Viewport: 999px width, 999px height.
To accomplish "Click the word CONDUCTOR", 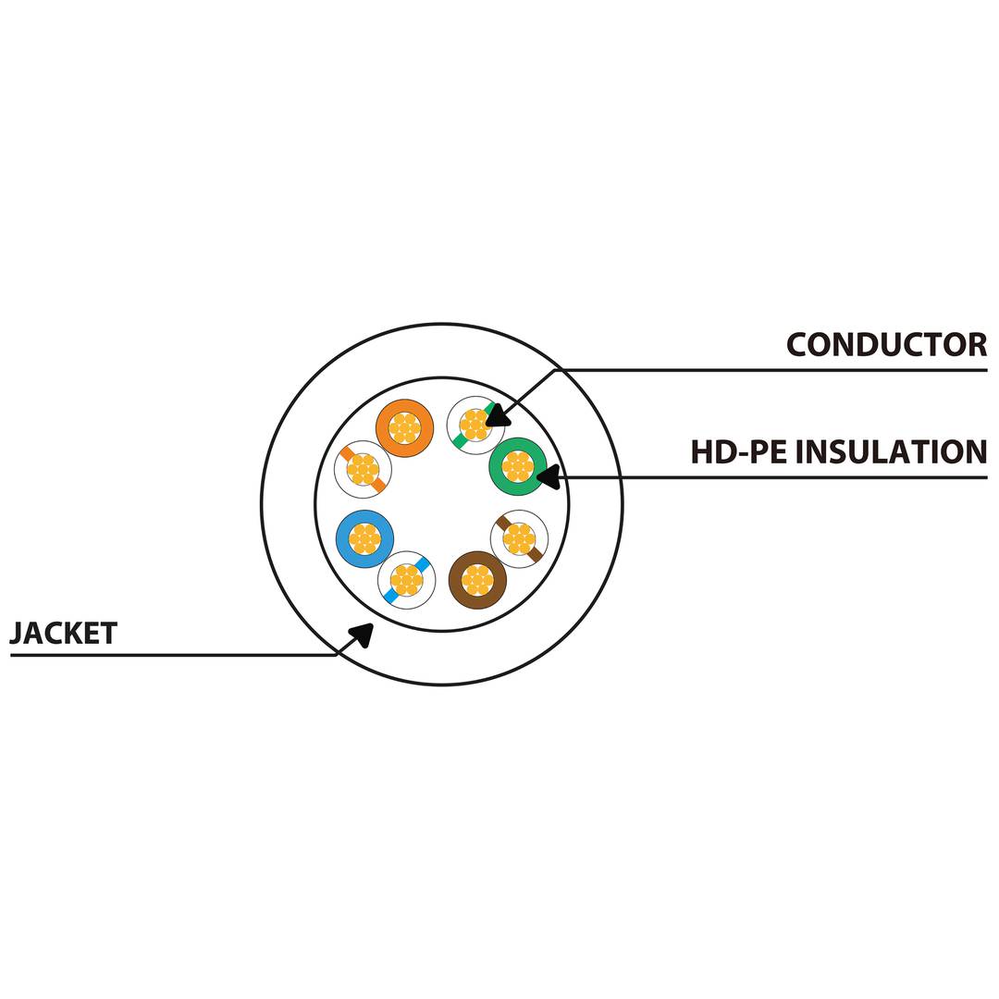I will coord(886,345).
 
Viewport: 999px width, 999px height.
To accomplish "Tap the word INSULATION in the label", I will coord(892,452).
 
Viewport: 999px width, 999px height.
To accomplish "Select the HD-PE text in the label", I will coord(739,452).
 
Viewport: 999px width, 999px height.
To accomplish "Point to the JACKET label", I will coord(63,634).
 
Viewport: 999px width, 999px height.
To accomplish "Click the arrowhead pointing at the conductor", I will coord(496,415).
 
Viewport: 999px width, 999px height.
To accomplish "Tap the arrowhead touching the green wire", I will coord(548,477).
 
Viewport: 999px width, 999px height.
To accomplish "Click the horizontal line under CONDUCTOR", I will coord(777,371).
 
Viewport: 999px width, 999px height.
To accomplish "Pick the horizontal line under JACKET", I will coord(166,656).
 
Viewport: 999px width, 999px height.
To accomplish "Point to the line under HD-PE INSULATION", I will coord(777,478).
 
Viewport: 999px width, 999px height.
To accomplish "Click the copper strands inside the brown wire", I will coord(477,581).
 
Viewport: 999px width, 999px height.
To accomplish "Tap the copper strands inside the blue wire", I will coord(364,538).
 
